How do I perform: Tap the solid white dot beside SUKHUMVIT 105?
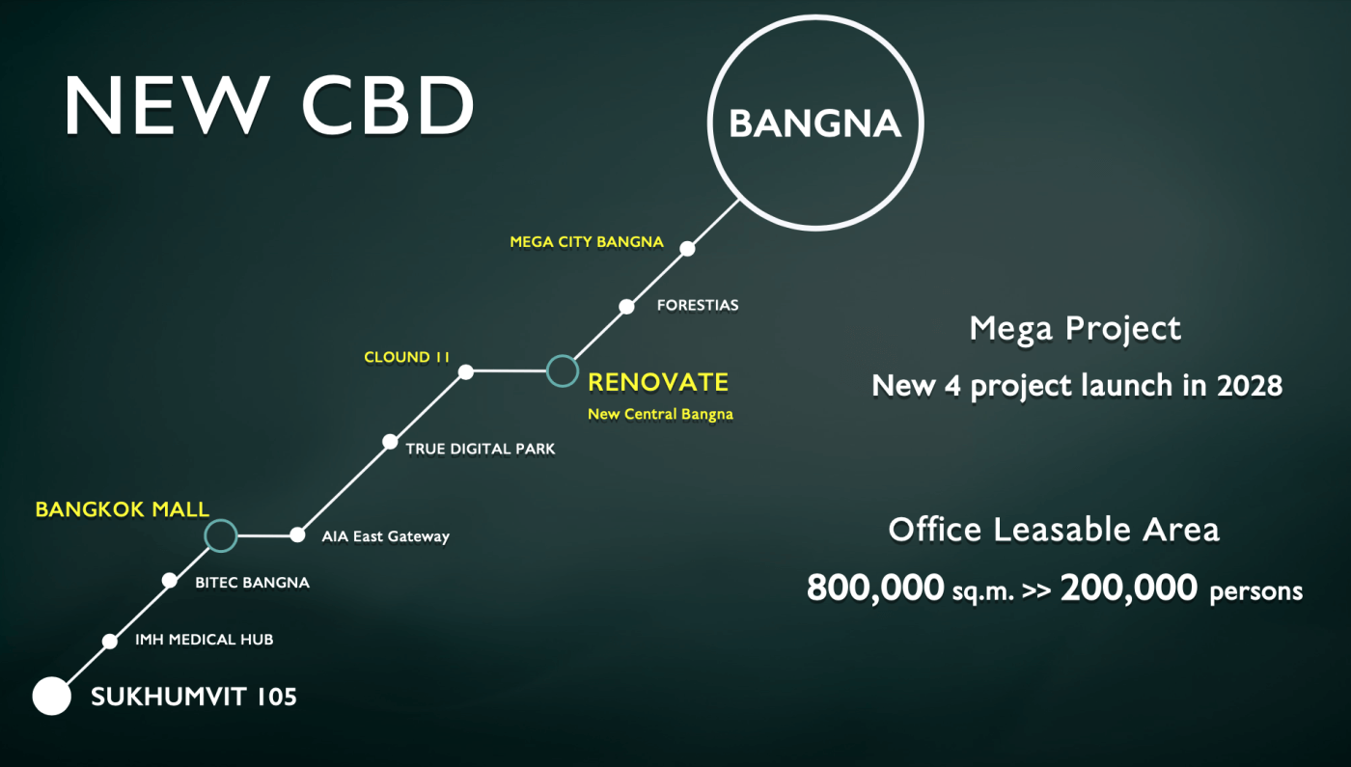pos(52,696)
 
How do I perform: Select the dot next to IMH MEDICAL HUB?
pos(110,641)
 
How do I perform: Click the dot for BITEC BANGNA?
pos(170,581)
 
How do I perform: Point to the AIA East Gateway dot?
pos(297,534)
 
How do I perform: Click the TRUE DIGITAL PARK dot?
pos(390,442)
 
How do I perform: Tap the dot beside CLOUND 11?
pos(465,372)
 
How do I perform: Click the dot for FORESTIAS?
pos(626,307)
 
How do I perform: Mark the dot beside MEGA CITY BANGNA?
pos(687,249)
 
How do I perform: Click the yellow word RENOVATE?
pos(658,382)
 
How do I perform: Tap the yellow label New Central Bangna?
pos(660,414)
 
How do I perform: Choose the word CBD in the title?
pos(388,105)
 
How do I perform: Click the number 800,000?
pos(875,588)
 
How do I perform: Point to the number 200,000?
pos(1128,588)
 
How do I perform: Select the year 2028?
pos(1250,386)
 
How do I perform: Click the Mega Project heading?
pos(1075,330)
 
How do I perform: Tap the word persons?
pos(1255,591)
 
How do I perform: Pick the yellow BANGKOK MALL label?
pos(123,509)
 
